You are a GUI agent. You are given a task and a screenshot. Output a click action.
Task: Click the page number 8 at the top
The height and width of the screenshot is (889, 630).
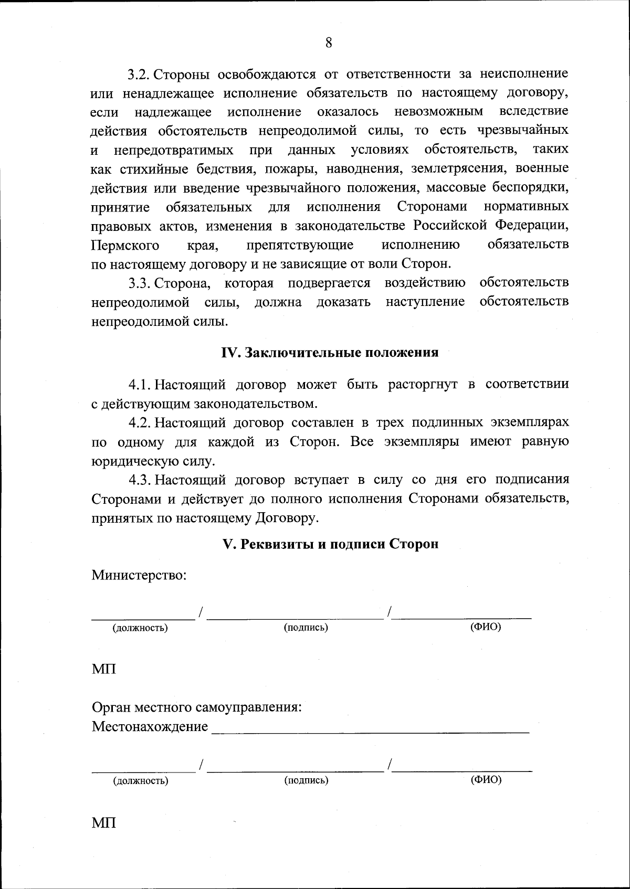(x=329, y=44)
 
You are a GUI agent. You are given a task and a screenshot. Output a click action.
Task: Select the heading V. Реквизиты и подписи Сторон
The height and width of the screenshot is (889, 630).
(x=331, y=544)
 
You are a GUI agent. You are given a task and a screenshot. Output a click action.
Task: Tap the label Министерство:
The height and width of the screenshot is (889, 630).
(x=140, y=575)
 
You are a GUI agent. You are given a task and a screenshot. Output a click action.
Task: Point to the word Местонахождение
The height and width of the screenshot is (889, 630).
(x=150, y=727)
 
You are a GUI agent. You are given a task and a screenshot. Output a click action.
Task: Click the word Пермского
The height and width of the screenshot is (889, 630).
(x=125, y=245)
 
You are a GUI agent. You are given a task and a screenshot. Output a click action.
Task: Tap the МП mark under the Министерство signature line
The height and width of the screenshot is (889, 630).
(x=104, y=670)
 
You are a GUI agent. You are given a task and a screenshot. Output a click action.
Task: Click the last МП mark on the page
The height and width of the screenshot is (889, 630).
(x=104, y=823)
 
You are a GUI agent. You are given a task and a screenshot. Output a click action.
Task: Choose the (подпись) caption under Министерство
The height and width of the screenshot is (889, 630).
(x=306, y=628)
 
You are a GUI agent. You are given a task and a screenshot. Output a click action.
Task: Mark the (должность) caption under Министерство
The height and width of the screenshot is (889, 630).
(x=140, y=628)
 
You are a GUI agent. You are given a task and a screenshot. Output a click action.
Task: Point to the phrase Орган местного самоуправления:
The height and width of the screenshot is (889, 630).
(x=197, y=707)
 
